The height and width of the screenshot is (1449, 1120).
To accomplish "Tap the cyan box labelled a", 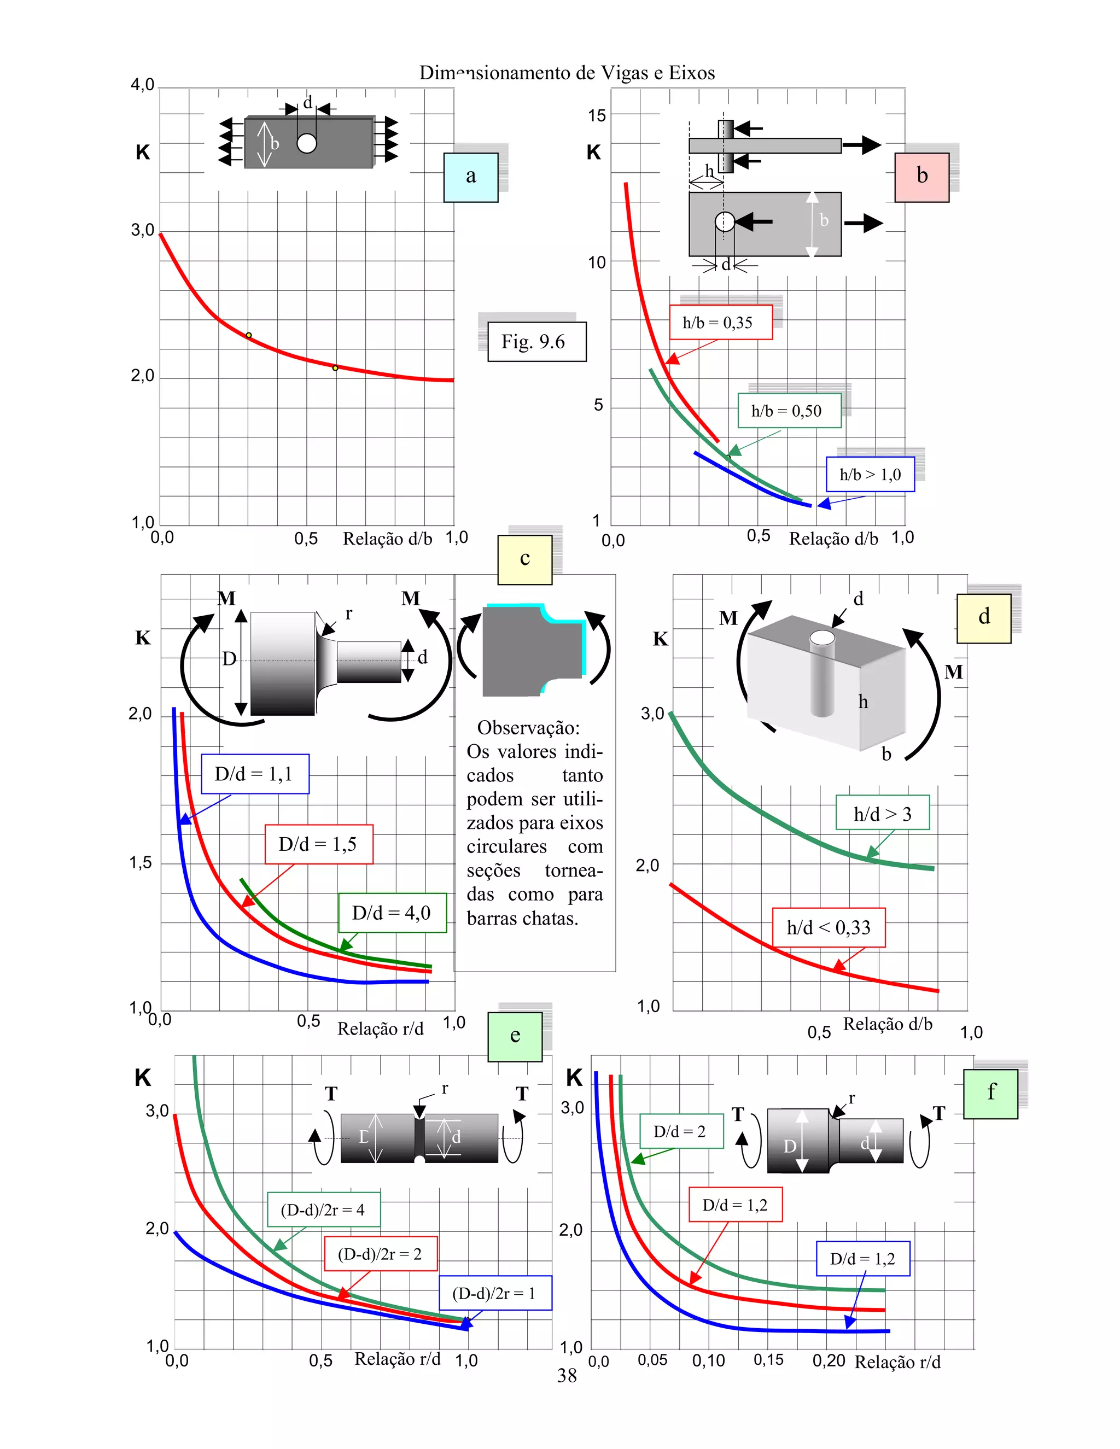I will [x=470, y=177].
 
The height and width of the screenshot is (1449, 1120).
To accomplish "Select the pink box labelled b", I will [x=921, y=177].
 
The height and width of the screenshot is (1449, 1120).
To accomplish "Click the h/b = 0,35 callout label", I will [x=721, y=323].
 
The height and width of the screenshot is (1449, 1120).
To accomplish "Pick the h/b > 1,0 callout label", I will [x=870, y=475].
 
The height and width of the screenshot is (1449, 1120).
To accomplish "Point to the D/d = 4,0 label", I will [x=392, y=913].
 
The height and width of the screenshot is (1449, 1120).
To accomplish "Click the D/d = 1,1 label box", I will [x=255, y=774].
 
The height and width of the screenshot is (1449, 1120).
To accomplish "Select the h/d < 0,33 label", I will [x=828, y=927].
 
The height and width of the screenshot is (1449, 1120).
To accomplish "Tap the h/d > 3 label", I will [x=882, y=814].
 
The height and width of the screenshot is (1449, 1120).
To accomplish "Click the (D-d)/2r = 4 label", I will [x=323, y=1210].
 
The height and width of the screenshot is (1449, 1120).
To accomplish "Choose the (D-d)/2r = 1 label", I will [x=495, y=1293].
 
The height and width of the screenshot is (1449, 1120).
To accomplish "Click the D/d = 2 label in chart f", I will [x=680, y=1131].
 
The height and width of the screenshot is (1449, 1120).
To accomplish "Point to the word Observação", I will [x=528, y=728].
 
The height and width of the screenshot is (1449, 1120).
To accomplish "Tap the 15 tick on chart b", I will [x=597, y=115].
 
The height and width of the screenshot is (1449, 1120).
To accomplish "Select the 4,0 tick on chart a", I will [x=142, y=85].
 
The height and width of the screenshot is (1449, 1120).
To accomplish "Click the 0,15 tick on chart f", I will [x=768, y=1359].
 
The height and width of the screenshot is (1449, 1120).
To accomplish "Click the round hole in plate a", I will [x=307, y=143].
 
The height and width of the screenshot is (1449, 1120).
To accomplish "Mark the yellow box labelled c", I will [x=525, y=559].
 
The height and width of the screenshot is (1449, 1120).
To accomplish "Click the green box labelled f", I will [x=990, y=1092].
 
